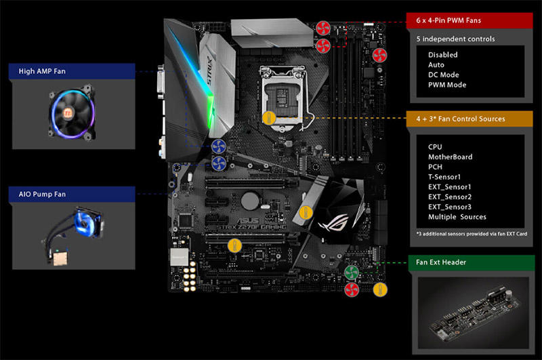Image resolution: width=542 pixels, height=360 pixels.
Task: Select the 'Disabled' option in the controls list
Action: coord(442,54)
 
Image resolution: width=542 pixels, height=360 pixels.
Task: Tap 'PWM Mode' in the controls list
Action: coord(447,85)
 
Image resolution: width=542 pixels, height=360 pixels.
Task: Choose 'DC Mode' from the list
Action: coord(444,75)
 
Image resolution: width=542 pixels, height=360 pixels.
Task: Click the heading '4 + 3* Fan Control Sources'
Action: coord(461,119)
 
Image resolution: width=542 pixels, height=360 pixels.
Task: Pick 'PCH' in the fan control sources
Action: coord(436,166)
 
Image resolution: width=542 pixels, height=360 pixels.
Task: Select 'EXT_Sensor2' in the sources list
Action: coord(450,197)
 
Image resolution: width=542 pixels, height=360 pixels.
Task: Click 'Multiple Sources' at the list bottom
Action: coord(457,217)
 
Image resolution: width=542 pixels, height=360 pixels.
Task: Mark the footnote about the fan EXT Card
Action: coord(471,233)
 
